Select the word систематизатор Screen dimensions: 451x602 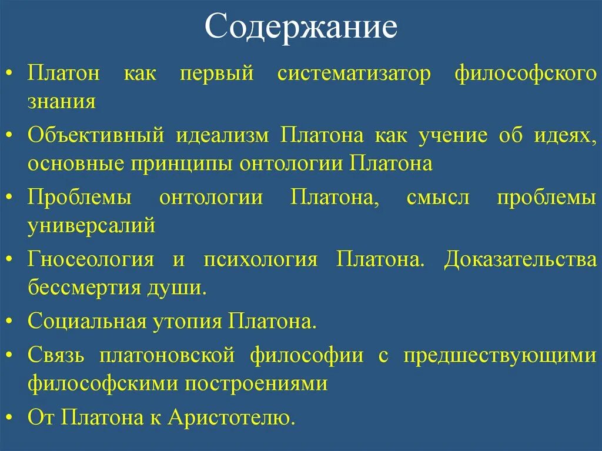354,76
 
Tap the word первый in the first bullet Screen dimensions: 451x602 217,76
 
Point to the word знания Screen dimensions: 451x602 62,101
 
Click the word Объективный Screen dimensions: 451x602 95,136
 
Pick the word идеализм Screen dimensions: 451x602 222,136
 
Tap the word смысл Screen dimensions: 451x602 438,198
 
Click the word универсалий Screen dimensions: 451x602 91,225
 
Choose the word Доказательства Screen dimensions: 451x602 520,259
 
